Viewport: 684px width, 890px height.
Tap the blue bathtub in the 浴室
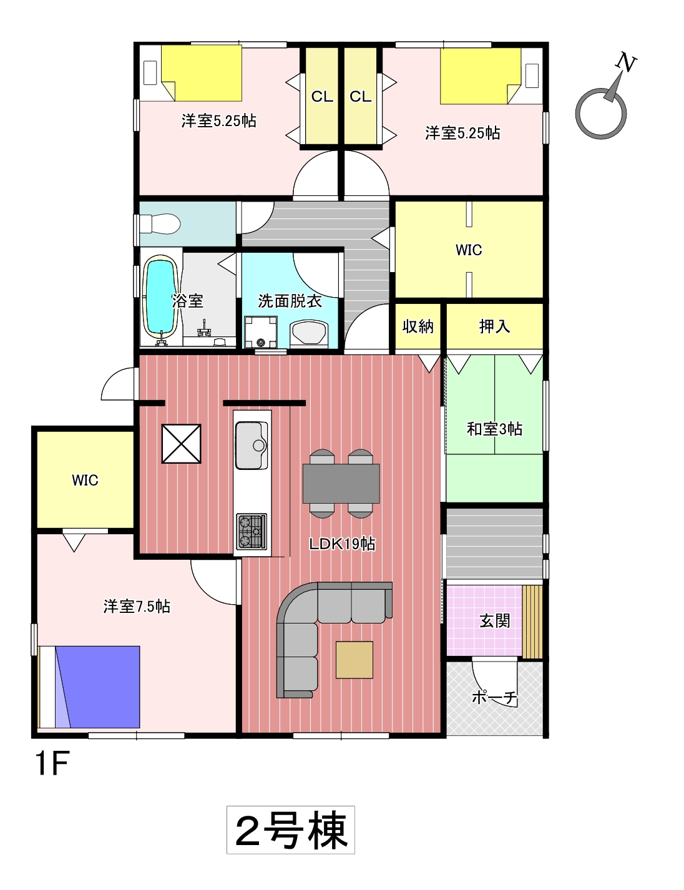coord(160,298)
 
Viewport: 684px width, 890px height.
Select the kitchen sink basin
coord(252,445)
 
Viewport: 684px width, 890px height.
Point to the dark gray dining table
coord(341,483)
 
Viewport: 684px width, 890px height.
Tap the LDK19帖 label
coord(342,544)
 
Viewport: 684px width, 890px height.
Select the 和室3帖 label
coord(494,429)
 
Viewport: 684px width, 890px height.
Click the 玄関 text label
coord(495,622)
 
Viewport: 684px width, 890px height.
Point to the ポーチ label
coord(495,697)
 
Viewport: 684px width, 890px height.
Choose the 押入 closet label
coord(494,326)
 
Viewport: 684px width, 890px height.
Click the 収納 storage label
coord(418,326)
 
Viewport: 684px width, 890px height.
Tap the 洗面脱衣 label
coord(290,301)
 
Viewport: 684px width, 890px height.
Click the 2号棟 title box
coord(291,830)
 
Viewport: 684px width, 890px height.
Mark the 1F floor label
coord(52,763)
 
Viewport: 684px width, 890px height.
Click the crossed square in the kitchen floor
coord(181,444)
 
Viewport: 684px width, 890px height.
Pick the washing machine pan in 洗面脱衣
coord(260,332)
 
